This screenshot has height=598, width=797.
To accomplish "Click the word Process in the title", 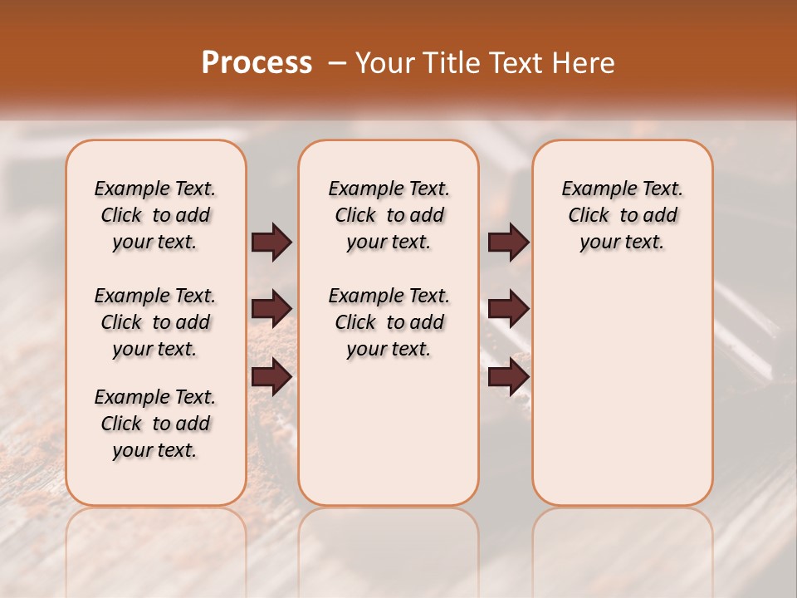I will pyautogui.click(x=257, y=63).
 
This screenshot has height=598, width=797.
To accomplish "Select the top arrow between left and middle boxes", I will pyautogui.click(x=271, y=243).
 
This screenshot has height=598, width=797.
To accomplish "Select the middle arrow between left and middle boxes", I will pyautogui.click(x=271, y=309).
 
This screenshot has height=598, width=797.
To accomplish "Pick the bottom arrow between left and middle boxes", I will pyautogui.click(x=271, y=377).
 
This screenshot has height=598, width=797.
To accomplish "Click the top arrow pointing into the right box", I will pyautogui.click(x=508, y=243).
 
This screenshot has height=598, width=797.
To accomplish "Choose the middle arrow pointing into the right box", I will pyautogui.click(x=508, y=309).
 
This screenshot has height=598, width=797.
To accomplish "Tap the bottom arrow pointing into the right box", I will pyautogui.click(x=508, y=377).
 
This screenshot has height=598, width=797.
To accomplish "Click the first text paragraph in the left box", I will pyautogui.click(x=155, y=215).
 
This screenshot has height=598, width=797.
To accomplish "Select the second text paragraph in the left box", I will pyautogui.click(x=155, y=322).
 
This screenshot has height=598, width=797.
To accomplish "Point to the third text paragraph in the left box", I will pyautogui.click(x=155, y=424).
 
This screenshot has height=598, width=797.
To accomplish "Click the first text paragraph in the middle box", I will pyautogui.click(x=389, y=215).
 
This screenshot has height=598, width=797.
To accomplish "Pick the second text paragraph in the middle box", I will pyautogui.click(x=389, y=322).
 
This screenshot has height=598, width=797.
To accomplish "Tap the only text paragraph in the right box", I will pyautogui.click(x=623, y=215).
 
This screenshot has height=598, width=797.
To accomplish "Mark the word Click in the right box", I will pyautogui.click(x=589, y=216).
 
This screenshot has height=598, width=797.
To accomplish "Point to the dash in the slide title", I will pyautogui.click(x=336, y=63).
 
